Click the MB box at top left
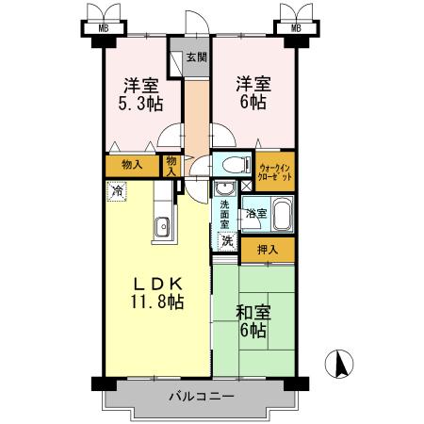point(103,27)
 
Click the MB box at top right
point(296,27)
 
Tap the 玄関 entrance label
point(195,57)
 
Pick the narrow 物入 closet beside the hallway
point(171,166)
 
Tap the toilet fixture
point(231,166)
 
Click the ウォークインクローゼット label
point(275,170)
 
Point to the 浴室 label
point(255,214)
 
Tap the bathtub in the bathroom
point(281,213)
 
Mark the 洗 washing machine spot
point(226,241)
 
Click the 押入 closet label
point(268,249)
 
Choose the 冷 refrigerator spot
point(117,191)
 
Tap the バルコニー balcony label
point(201,397)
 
